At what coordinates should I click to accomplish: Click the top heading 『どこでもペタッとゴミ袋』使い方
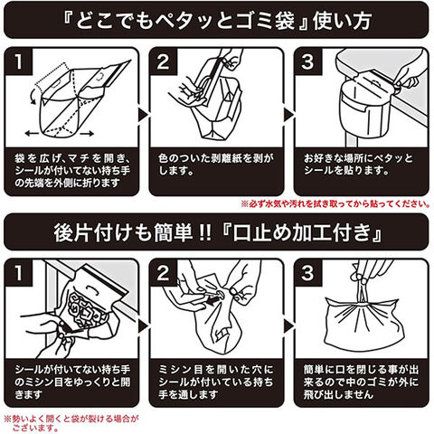coord(217,21)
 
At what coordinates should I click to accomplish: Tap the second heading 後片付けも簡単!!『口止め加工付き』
coord(218,232)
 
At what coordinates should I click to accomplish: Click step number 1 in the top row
coord(19,61)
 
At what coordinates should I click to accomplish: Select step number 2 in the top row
coord(163,61)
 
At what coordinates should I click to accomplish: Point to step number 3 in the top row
coord(307,61)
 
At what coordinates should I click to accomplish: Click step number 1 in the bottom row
coord(19,273)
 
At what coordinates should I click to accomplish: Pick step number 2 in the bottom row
coord(163,273)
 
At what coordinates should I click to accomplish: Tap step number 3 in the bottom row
coord(307,273)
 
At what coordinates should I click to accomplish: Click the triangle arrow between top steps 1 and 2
coord(143,115)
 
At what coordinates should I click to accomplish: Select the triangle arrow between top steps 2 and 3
coord(288,115)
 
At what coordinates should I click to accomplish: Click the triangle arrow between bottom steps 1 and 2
coord(143,326)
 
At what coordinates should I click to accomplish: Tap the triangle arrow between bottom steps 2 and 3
coord(288,326)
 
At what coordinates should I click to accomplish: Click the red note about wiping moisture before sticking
coord(335,204)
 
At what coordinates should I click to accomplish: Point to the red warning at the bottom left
coord(71,423)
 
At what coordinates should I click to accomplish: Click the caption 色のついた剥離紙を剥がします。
coord(216,165)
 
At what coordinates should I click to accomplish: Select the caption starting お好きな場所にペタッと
coord(358,165)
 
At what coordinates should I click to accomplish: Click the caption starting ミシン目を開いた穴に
coord(216,382)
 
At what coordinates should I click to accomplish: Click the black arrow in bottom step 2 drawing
coord(214,299)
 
